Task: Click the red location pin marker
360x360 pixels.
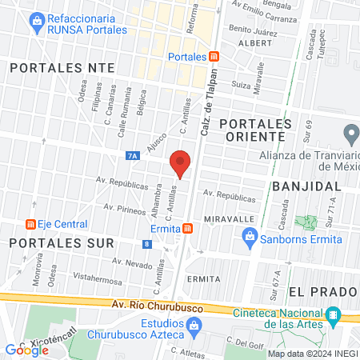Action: coord(181,162)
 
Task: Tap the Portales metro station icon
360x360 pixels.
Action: coord(214,57)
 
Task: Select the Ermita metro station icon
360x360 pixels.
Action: coord(186,229)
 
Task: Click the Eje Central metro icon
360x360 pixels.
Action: coord(31,225)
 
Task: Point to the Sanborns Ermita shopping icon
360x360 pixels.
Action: coord(250,236)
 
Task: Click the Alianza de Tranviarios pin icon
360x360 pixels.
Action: coord(350,133)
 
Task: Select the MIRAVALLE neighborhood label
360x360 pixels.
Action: coord(229,218)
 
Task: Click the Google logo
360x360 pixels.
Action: coord(27,350)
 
